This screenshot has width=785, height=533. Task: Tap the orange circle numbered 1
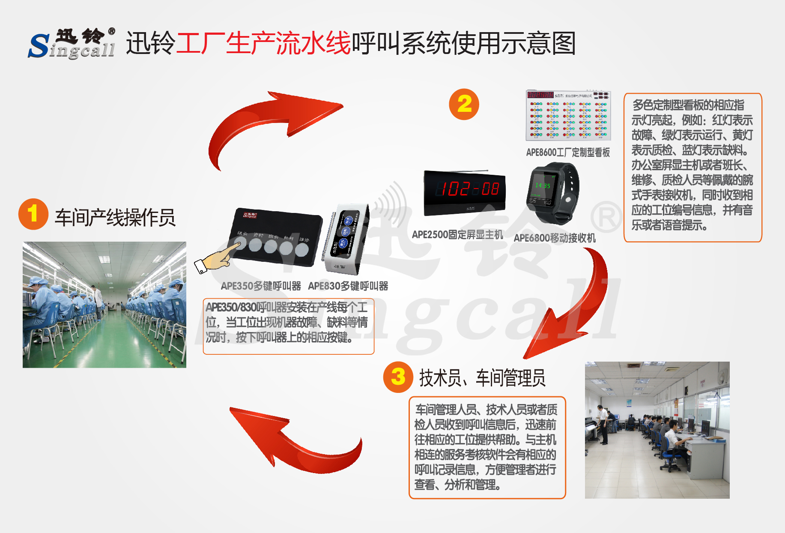click(33, 214)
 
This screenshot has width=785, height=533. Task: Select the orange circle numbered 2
click(464, 104)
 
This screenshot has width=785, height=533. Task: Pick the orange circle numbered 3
click(398, 377)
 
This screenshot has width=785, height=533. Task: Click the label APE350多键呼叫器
click(261, 286)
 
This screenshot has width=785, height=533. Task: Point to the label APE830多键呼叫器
click(348, 286)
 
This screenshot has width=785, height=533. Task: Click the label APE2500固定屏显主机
click(457, 234)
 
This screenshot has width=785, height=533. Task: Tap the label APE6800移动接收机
click(555, 238)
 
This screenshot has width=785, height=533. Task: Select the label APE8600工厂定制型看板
click(568, 152)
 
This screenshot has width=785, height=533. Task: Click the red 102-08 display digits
click(470, 189)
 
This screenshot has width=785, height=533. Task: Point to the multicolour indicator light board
click(568, 116)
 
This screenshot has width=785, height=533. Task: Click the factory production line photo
click(104, 305)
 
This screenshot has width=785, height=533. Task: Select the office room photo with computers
click(657, 430)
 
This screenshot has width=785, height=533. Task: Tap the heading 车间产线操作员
click(115, 217)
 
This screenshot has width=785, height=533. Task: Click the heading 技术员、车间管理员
click(482, 378)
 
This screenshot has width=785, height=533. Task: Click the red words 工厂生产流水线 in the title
click(263, 43)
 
